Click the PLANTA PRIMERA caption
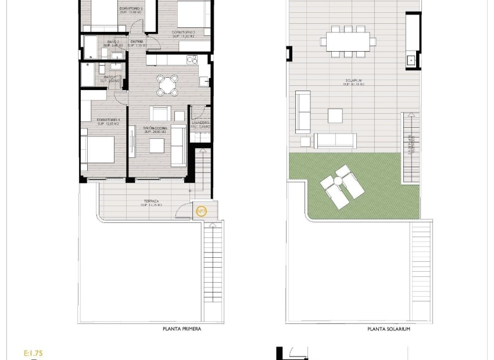pyautogui.click(x=182, y=329)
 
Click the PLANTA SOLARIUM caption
pyautogui.click(x=389, y=329)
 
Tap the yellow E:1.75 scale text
pyautogui.click(x=34, y=352)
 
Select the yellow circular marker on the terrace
pyautogui.click(x=201, y=211)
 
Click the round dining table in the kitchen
pyautogui.click(x=167, y=85)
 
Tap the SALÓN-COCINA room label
pyautogui.click(x=155, y=128)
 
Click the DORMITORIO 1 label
pyautogui.click(x=108, y=120)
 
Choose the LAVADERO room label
pyautogui.click(x=200, y=123)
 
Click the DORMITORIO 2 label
pyautogui.click(x=183, y=33)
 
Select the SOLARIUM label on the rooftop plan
pyautogui.click(x=353, y=81)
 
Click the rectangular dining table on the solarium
pyautogui.click(x=348, y=41)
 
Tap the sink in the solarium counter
pyautogui.click(x=411, y=59)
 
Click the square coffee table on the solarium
pyautogui.click(x=335, y=116)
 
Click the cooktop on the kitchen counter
pyautogui.click(x=192, y=59)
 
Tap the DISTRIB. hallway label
pyautogui.click(x=137, y=42)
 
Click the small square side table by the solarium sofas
pyautogui.click(x=305, y=141)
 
